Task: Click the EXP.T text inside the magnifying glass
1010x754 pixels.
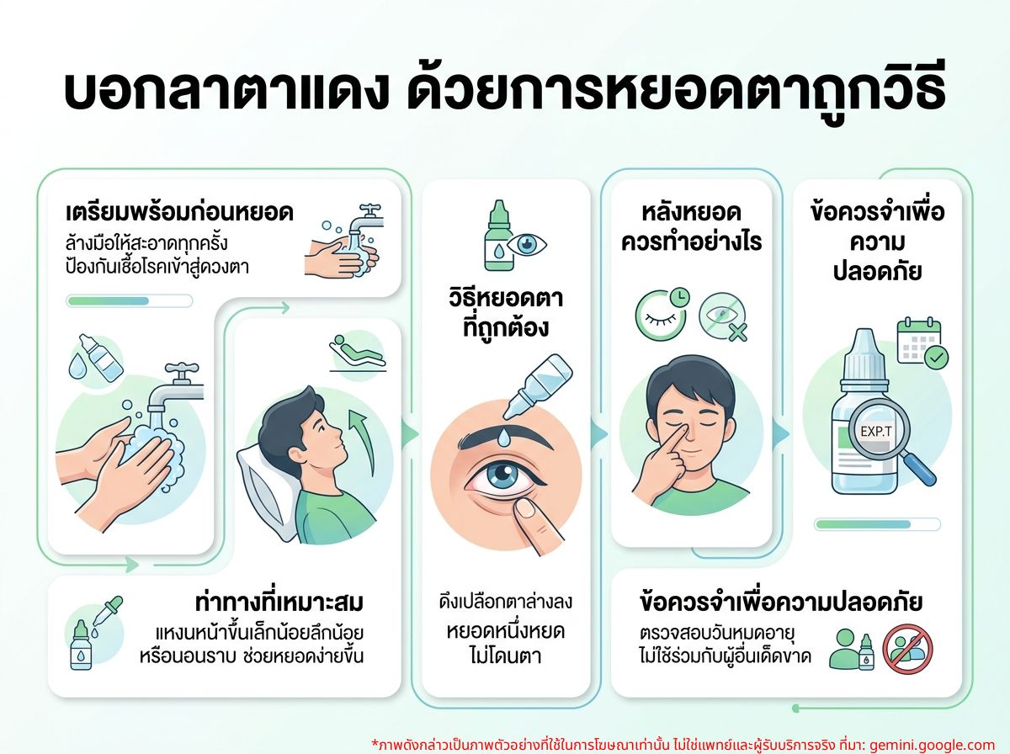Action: [876, 432]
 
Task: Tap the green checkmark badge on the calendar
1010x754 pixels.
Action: [937, 357]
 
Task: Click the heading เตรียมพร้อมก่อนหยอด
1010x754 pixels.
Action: [179, 213]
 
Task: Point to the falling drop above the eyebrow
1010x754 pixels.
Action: [504, 437]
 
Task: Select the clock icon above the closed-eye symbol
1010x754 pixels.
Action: [679, 297]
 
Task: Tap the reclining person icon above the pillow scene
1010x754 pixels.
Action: [357, 353]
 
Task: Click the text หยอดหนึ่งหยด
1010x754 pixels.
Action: [505, 632]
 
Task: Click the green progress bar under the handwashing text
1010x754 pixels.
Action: [109, 301]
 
